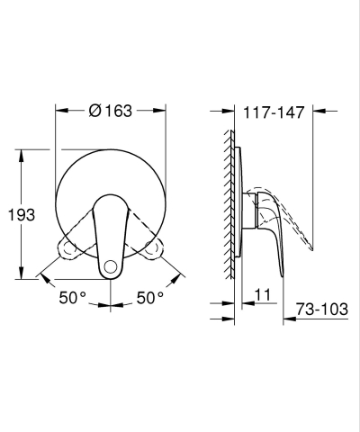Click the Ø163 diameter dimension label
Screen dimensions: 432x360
tap(112, 111)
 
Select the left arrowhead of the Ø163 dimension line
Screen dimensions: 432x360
tap(59, 111)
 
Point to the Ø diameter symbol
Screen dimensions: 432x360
tap(94, 111)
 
